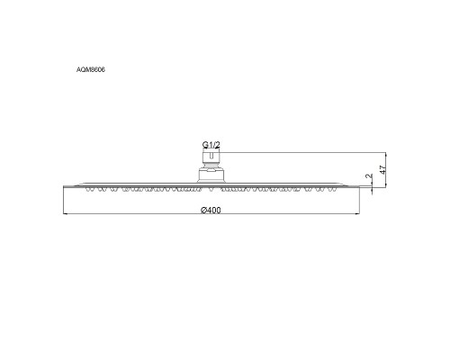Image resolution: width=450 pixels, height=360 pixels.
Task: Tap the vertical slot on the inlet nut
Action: pos(210,158)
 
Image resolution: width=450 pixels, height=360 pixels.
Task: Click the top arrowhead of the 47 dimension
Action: pos(386,153)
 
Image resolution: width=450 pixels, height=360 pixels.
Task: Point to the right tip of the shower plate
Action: pos(359,186)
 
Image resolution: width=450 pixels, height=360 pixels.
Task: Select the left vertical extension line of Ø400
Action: pos(65,202)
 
